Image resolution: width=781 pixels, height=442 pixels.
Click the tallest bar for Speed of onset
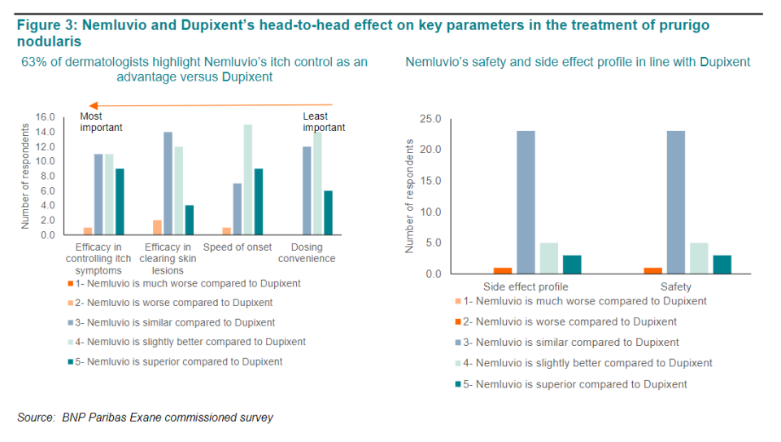click(x=247, y=179)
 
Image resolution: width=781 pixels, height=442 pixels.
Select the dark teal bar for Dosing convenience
click(x=329, y=212)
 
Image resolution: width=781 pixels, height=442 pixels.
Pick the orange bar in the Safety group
click(x=653, y=270)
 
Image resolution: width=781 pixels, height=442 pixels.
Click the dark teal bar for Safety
click(x=722, y=264)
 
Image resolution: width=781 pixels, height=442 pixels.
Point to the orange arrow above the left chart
click(x=212, y=105)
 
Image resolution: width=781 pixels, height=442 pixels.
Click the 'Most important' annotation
click(x=101, y=122)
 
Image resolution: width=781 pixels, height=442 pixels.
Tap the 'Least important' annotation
click(x=324, y=122)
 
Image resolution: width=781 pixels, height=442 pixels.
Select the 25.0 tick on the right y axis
click(x=430, y=120)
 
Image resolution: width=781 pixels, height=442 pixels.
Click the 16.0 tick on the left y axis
click(x=45, y=117)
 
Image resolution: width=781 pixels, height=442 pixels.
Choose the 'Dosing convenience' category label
click(x=307, y=253)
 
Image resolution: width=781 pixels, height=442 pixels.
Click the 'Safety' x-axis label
click(x=676, y=287)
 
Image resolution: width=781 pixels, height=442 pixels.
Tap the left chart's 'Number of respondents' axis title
click(x=25, y=176)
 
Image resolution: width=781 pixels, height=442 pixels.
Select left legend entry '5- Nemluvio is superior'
click(x=179, y=361)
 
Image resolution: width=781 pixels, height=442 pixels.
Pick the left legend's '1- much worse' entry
click(x=187, y=283)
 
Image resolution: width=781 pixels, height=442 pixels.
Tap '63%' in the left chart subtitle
click(x=33, y=62)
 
